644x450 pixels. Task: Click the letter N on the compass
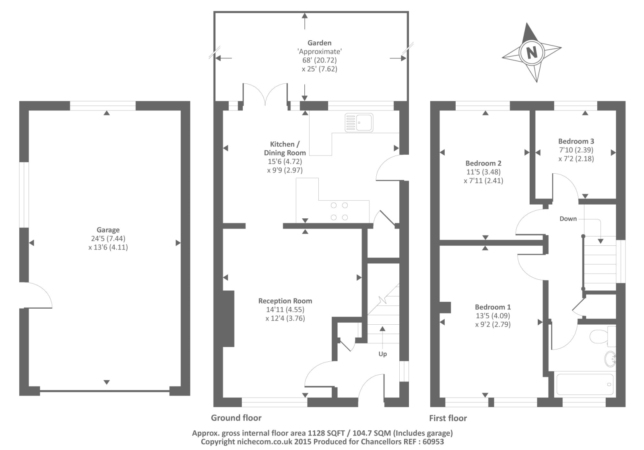click(x=532, y=53)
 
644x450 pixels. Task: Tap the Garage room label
click(x=108, y=230)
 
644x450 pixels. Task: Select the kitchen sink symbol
click(x=359, y=122)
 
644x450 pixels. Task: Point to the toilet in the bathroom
click(x=603, y=336)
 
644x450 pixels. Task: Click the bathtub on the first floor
click(x=585, y=384)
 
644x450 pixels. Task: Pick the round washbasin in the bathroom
click(x=610, y=359)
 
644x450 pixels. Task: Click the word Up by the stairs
click(x=382, y=354)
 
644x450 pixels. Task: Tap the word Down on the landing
click(x=568, y=219)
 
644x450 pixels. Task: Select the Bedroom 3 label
click(x=576, y=141)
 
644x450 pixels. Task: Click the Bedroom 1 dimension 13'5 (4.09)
click(x=493, y=315)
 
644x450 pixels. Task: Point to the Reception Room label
click(x=285, y=301)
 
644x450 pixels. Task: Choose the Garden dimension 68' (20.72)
click(x=320, y=60)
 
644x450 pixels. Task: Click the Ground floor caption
click(x=236, y=418)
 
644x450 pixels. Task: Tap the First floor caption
click(x=448, y=418)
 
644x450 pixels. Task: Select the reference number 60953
click(x=433, y=442)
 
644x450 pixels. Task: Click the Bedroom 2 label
click(x=483, y=164)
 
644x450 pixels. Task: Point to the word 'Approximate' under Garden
click(x=320, y=52)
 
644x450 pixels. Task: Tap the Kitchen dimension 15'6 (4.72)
click(x=285, y=162)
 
